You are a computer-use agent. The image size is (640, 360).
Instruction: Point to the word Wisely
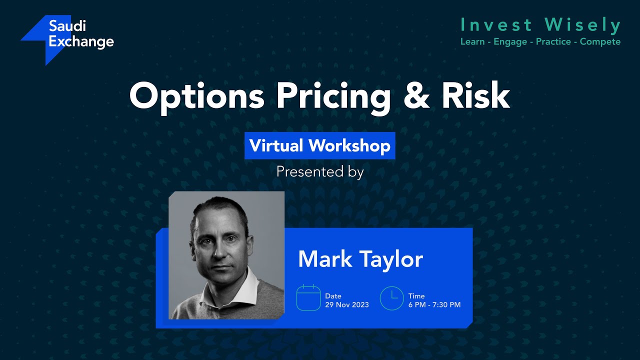click(x=582, y=24)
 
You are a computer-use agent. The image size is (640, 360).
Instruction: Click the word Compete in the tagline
click(x=600, y=41)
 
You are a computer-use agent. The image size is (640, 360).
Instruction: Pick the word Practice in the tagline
click(x=554, y=41)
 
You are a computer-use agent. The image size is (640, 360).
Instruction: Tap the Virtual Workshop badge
click(x=320, y=145)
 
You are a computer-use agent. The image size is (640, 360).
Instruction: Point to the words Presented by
click(x=320, y=172)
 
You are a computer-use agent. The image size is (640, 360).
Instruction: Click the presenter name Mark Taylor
click(x=360, y=259)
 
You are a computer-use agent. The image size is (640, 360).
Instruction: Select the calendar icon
click(x=308, y=297)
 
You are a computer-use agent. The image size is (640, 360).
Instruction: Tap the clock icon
click(x=391, y=297)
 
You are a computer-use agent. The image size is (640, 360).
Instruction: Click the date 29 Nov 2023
click(x=347, y=304)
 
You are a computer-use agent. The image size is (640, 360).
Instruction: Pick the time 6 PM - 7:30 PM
click(x=434, y=304)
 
